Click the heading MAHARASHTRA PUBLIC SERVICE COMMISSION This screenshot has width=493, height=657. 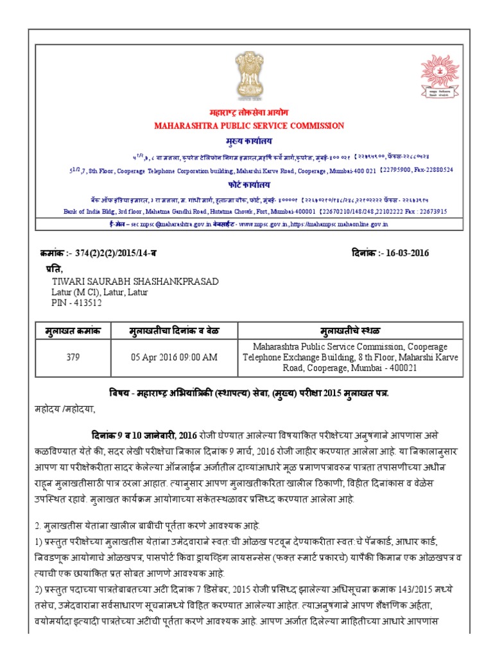click(x=249, y=126)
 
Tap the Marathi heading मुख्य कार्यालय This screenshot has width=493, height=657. click(x=249, y=140)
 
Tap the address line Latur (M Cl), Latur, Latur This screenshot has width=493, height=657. click(x=99, y=293)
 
